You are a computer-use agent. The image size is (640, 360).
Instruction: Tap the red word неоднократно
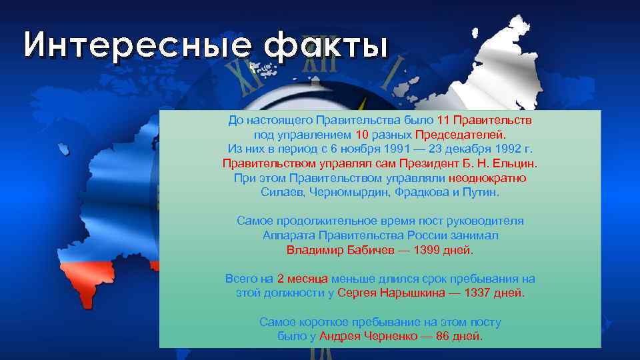coord(487,178)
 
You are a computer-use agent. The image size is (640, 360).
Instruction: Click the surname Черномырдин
coord(347,193)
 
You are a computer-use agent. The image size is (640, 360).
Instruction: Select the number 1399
coord(427,251)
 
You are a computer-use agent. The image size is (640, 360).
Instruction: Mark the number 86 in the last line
coord(443,337)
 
